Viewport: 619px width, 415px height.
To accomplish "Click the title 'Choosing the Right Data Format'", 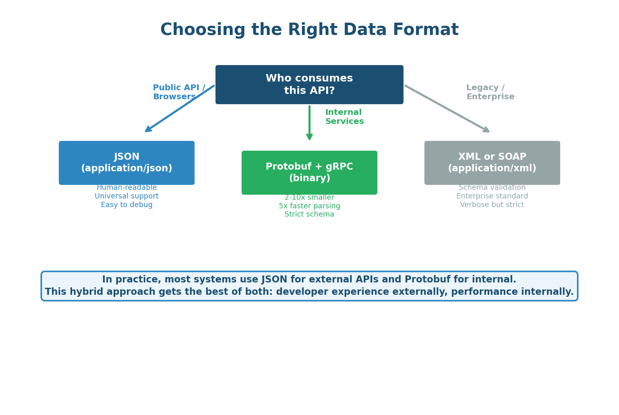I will tap(309, 30).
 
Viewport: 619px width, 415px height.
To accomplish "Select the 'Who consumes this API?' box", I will tap(309, 84).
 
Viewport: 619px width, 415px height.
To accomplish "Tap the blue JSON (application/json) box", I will tap(126, 163).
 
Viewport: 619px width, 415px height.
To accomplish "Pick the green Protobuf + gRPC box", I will tap(309, 173).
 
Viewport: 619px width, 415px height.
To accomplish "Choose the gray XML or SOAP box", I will tap(492, 163).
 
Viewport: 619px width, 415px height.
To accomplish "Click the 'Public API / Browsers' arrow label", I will tap(179, 92).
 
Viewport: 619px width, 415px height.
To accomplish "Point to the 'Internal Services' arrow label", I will tap(344, 117).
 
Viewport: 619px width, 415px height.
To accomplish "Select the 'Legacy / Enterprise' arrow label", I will tap(490, 92).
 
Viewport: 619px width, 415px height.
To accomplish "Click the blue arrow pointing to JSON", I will tap(180, 109).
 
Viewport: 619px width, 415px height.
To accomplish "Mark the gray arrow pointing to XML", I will tap(447, 109).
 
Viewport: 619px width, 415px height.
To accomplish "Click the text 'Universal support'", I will tap(126, 196).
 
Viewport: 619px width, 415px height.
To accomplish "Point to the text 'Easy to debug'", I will tap(126, 205).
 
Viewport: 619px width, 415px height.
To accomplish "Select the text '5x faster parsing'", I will tap(309, 206).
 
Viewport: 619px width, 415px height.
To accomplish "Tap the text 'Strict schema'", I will tap(309, 214).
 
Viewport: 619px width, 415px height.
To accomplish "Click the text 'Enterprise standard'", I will tap(492, 196).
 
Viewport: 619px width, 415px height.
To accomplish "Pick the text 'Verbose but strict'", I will tap(492, 205).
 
